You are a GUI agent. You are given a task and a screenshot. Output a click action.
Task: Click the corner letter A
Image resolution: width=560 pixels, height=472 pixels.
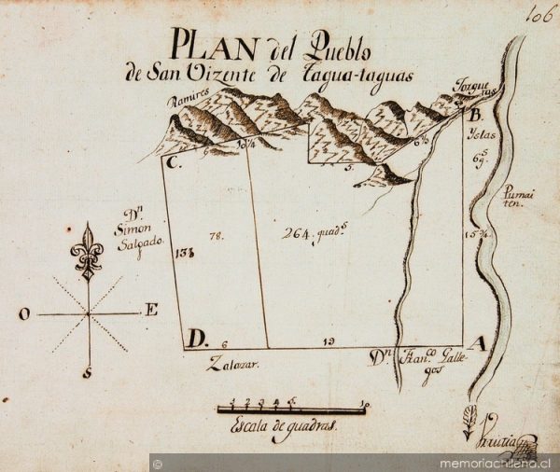point(477,344)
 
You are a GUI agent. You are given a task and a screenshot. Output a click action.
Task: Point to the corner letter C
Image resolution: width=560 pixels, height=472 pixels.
point(172,162)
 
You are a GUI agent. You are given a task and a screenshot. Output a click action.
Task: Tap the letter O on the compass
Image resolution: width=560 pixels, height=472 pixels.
point(22,314)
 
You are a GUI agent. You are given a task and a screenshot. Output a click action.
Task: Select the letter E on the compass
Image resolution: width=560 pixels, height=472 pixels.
point(150,311)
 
